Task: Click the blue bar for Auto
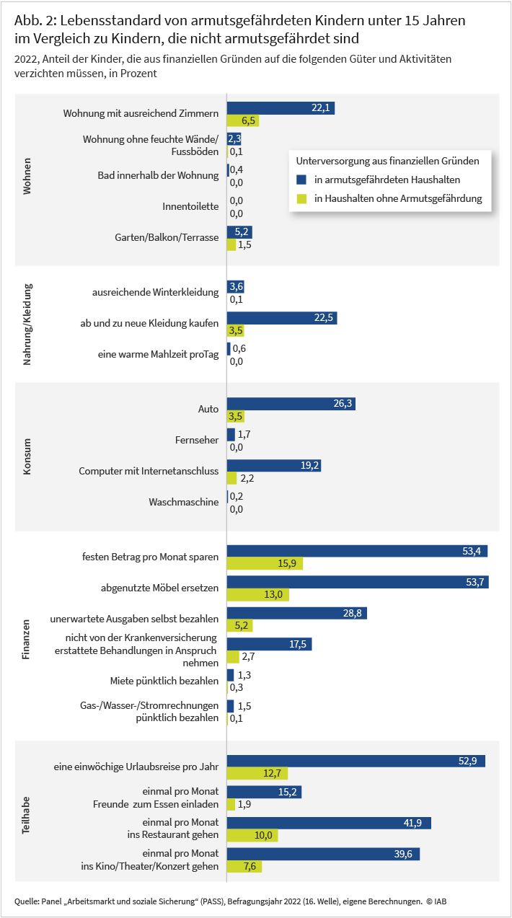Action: pyautogui.click(x=291, y=404)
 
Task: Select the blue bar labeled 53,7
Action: pyautogui.click(x=358, y=582)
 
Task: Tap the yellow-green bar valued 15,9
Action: pyautogui.click(x=265, y=563)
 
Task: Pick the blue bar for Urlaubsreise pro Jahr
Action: pyautogui.click(x=356, y=761)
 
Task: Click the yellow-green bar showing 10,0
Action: pyautogui.click(x=252, y=835)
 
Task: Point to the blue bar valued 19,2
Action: pyautogui.click(x=274, y=466)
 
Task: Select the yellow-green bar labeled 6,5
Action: pyautogui.click(x=243, y=120)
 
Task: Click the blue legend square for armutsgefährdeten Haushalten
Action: pyautogui.click(x=301, y=180)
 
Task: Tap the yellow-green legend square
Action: pyautogui.click(x=301, y=199)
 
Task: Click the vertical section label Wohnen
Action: pyautogui.click(x=27, y=176)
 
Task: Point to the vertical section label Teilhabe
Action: pyautogui.click(x=26, y=815)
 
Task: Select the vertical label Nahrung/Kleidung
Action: pyautogui.click(x=27, y=325)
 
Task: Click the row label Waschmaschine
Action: pyautogui.click(x=184, y=502)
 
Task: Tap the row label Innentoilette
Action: pyautogui.click(x=190, y=206)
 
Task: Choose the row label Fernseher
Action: pyautogui.click(x=197, y=440)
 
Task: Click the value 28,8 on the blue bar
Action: pyautogui.click(x=353, y=613)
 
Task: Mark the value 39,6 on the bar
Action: pyautogui.click(x=403, y=854)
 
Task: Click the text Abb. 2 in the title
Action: pyautogui.click(x=35, y=20)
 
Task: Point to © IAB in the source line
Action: pyautogui.click(x=436, y=901)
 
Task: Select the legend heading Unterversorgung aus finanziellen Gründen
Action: pyautogui.click(x=387, y=161)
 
